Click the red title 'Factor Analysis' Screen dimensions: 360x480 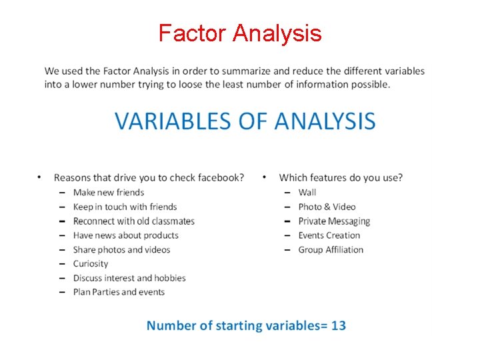[x=240, y=33]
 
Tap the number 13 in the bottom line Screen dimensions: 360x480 [x=338, y=325]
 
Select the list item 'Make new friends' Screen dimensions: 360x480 [x=109, y=193]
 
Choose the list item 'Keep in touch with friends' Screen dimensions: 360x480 [x=125, y=207]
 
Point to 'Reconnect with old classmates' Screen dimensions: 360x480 [x=133, y=221]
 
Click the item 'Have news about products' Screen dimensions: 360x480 [x=126, y=235]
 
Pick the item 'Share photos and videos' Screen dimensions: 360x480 [x=121, y=249]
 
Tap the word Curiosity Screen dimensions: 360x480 [x=91, y=263]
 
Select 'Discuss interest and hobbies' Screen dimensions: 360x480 [x=129, y=278]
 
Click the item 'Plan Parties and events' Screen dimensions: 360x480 [x=119, y=292]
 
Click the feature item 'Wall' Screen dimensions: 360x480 [x=307, y=193]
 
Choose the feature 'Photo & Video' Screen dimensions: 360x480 [x=327, y=207]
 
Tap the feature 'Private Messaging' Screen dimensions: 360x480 [x=334, y=221]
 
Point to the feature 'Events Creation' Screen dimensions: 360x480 [x=329, y=235]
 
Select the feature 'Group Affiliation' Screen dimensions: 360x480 [x=331, y=249]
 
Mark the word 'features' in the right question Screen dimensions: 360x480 [x=328, y=177]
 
